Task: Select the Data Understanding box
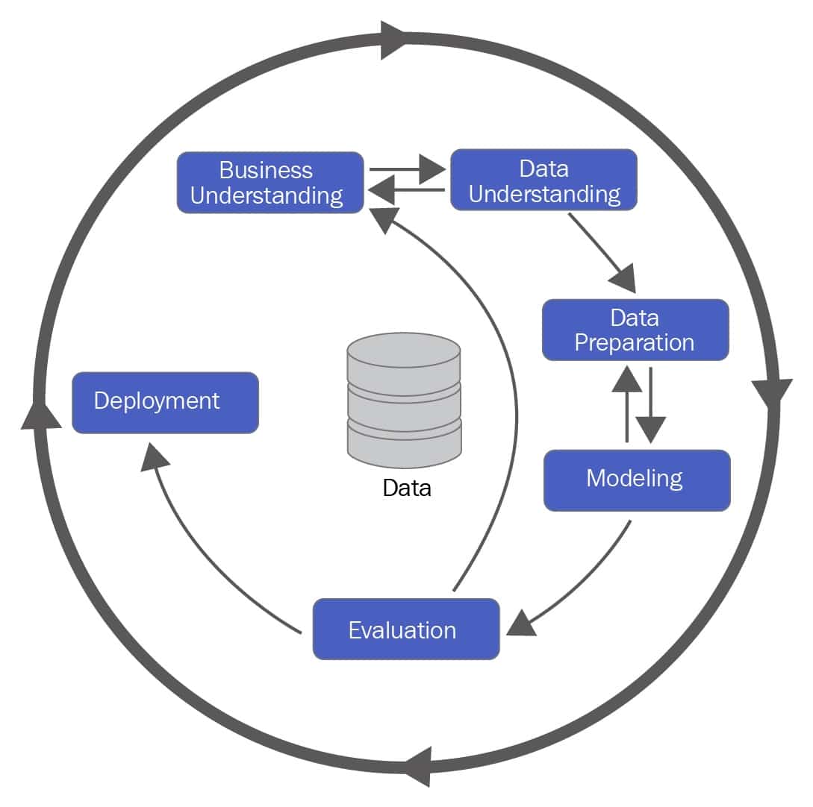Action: click(x=543, y=180)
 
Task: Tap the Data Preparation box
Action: click(x=635, y=330)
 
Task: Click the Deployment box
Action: click(x=165, y=403)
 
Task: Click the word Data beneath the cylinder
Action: click(x=407, y=489)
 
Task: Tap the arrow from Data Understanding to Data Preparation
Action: click(x=600, y=250)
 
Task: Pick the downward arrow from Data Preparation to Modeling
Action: click(x=651, y=406)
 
